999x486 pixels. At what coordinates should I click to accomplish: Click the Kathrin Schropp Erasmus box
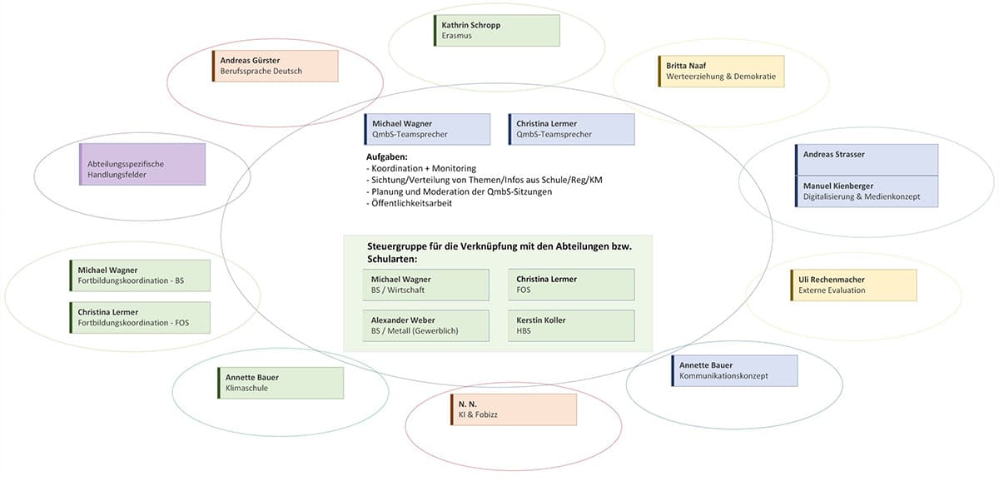496,30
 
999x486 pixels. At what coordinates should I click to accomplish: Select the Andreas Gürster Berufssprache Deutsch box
276,66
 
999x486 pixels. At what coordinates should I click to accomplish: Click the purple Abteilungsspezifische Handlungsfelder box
142,164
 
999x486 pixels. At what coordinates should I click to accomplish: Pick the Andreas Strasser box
867,160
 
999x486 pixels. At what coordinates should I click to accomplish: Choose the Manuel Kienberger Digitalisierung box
867,191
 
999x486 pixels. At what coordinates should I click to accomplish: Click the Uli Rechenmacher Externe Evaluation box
852,285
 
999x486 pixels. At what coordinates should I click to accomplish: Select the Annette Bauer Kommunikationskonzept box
734,370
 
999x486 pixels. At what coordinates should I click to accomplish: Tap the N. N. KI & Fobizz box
514,409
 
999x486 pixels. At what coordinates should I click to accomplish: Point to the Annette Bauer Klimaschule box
281,383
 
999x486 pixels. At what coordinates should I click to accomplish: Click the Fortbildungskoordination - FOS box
140,317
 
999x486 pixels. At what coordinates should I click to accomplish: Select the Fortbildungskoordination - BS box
140,275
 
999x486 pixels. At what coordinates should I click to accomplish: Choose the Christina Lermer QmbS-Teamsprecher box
571,129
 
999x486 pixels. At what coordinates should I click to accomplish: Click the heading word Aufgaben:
387,156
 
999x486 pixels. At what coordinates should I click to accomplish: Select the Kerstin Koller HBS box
571,325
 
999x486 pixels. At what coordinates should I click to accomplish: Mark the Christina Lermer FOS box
571,285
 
